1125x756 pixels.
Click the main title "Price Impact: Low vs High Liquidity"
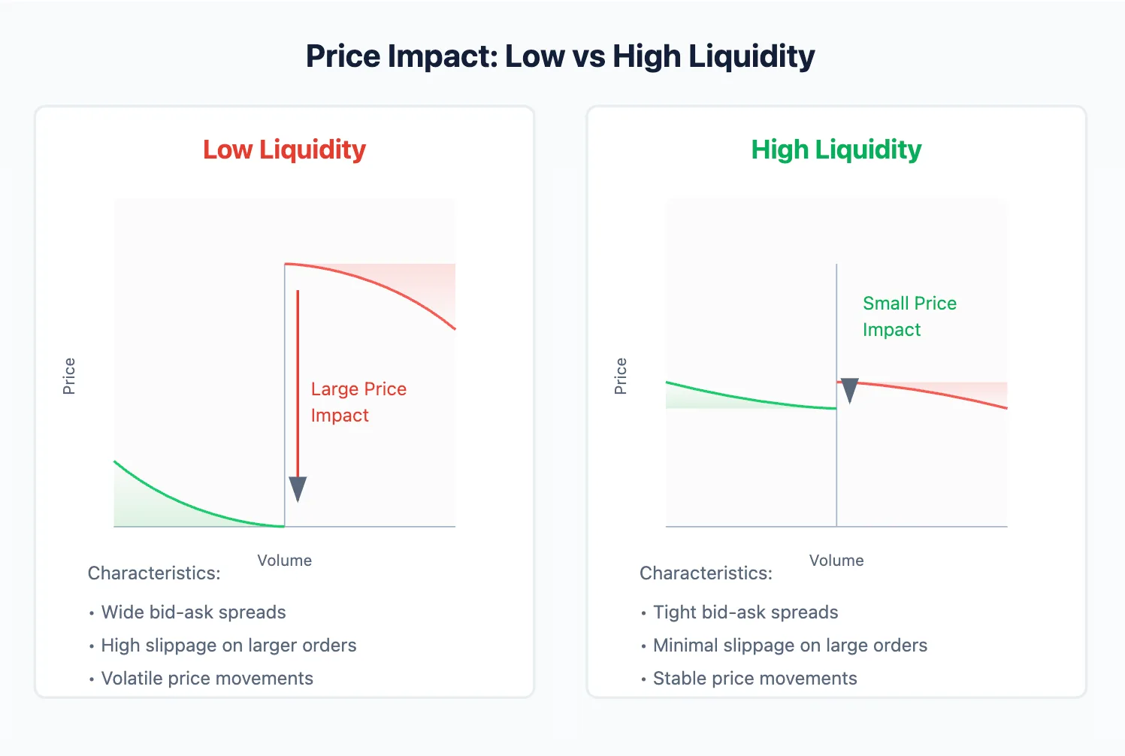point(560,57)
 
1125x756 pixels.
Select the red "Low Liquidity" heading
point(284,150)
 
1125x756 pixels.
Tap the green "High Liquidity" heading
point(836,150)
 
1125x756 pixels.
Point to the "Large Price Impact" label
point(358,402)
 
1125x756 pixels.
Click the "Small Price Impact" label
point(909,316)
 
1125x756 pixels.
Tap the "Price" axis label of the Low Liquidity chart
point(69,376)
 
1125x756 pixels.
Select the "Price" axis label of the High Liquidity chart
point(621,376)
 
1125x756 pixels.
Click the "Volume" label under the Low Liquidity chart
point(284,561)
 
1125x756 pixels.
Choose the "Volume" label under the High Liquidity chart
point(836,561)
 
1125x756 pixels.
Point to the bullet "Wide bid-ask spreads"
point(193,612)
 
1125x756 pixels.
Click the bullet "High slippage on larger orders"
point(228,646)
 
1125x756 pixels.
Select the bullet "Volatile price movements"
point(207,679)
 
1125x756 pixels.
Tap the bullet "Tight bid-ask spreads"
point(745,612)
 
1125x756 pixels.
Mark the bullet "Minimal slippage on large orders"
point(790,646)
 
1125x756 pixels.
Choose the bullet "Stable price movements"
point(755,679)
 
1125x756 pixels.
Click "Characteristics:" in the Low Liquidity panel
point(154,573)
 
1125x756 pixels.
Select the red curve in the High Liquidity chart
point(932,392)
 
